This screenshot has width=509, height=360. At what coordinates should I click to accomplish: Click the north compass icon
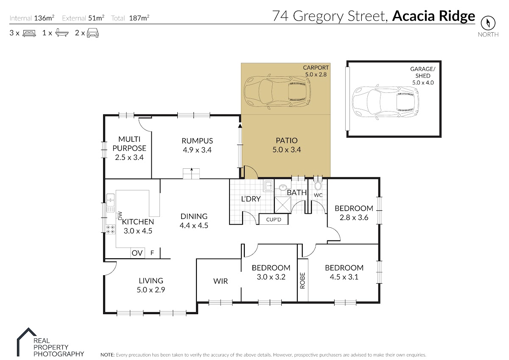(488, 23)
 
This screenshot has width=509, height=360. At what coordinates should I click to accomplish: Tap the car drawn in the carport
(277, 92)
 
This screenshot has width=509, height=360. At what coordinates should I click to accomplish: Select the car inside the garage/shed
(386, 102)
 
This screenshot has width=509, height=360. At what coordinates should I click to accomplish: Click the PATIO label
(287, 140)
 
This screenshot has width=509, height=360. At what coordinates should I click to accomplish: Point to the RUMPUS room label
(197, 141)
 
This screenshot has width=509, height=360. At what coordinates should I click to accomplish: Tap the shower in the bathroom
(282, 205)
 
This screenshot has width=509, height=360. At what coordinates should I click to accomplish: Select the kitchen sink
(110, 203)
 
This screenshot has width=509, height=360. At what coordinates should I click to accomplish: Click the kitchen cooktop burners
(110, 229)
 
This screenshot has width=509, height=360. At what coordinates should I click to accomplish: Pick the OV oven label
(137, 253)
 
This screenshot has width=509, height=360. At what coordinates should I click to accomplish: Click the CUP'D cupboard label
(274, 220)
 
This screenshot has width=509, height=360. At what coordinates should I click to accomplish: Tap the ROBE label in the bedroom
(302, 281)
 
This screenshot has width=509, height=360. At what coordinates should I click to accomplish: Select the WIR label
(221, 281)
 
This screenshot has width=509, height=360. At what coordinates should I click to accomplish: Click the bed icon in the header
(29, 33)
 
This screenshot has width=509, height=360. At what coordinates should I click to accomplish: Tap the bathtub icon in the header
(62, 33)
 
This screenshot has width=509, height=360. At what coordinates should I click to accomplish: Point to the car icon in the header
(93, 33)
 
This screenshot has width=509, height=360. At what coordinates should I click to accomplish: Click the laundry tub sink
(268, 186)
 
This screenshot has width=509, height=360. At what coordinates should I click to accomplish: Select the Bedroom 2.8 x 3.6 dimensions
(354, 218)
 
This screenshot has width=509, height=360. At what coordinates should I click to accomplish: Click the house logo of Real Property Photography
(27, 342)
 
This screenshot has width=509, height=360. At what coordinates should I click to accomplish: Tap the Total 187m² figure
(130, 18)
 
